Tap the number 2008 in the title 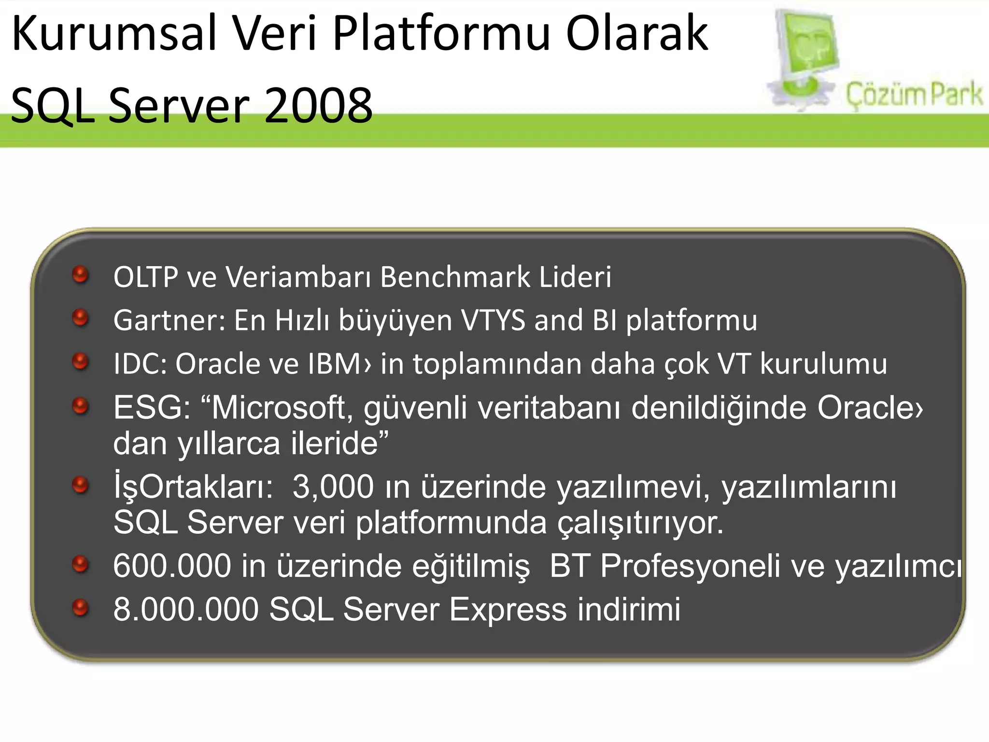pos(319,105)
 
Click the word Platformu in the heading pos(441,34)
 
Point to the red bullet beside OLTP pos(80,275)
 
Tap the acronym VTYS pos(493,320)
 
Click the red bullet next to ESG pos(80,406)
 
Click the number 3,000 pos(333,486)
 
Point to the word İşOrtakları pos(193,486)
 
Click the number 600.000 pos(172,566)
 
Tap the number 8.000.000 pos(186,609)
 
